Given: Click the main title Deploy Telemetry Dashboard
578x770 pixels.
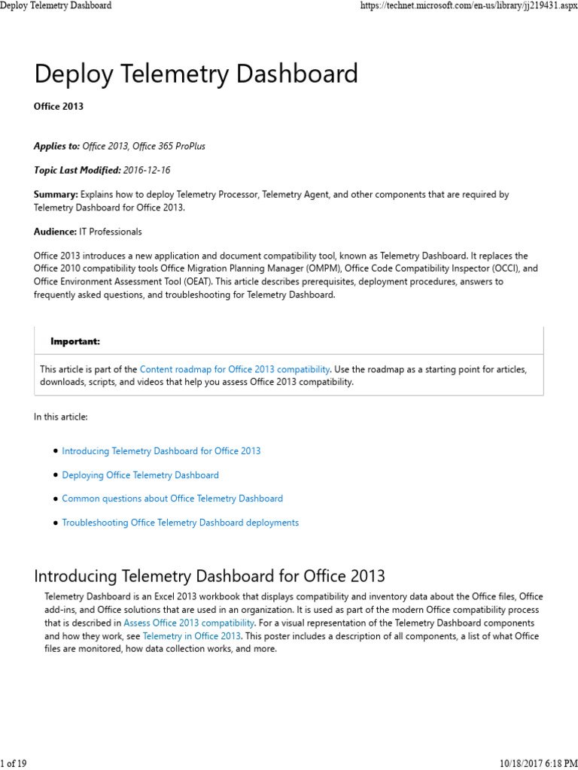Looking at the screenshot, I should pyautogui.click(x=196, y=74).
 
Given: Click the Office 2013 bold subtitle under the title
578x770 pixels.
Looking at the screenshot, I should pyautogui.click(x=59, y=107).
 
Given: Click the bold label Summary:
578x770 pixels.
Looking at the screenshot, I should pyautogui.click(x=56, y=194).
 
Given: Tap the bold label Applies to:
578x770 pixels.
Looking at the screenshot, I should pyautogui.click(x=56, y=146).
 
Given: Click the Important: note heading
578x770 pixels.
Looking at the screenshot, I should pyautogui.click(x=75, y=341).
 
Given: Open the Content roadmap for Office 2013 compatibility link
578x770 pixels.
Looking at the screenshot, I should pyautogui.click(x=235, y=369).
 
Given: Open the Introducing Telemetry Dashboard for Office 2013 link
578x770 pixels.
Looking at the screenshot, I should pyautogui.click(x=161, y=451).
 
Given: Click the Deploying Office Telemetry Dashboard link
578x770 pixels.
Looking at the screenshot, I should pyautogui.click(x=140, y=475).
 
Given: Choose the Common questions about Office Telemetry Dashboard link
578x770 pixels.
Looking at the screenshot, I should pyautogui.click(x=172, y=499).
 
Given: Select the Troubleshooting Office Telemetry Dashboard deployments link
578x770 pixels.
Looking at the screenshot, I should pyautogui.click(x=180, y=523).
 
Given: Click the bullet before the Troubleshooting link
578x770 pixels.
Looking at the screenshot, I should pyautogui.click(x=56, y=523).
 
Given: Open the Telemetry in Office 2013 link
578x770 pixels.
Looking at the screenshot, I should pyautogui.click(x=191, y=636).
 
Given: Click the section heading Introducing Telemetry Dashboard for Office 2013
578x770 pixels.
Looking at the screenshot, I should pyautogui.click(x=209, y=577).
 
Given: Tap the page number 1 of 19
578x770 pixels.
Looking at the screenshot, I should pyautogui.click(x=14, y=764).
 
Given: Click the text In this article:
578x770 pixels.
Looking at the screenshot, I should pyautogui.click(x=60, y=417).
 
